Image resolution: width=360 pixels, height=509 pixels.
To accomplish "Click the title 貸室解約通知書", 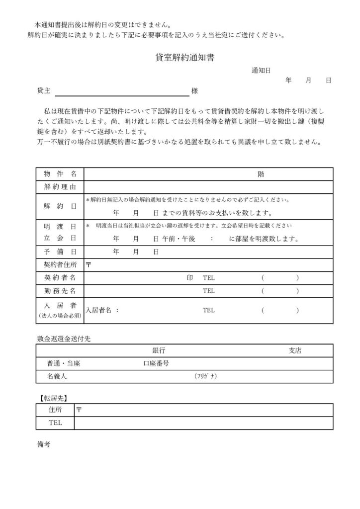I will tap(185, 58).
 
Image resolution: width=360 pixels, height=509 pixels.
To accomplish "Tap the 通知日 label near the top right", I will tap(261, 71).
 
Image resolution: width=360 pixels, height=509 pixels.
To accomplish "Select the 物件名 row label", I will tap(60, 174).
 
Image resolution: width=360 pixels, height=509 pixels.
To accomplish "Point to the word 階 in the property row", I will tap(261, 174).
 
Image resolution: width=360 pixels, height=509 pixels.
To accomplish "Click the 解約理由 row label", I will tap(60, 187).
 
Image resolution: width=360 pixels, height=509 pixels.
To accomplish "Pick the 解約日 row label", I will tap(60, 206).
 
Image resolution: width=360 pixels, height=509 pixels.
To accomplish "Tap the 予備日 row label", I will tap(60, 252).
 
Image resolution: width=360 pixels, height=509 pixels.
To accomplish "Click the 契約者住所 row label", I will tap(60, 265).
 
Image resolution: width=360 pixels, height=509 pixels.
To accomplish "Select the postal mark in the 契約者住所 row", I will tap(89, 265).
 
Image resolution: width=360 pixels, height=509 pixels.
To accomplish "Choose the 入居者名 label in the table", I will tap(102, 310).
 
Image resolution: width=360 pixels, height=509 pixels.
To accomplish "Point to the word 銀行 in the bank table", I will tap(159, 350).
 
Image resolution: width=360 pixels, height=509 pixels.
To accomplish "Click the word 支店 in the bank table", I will tap(295, 350).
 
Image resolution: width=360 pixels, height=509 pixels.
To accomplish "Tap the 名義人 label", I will tap(57, 376).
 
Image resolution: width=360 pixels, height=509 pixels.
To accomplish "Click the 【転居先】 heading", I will tap(53, 398).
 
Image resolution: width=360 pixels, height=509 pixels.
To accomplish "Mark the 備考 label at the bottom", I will tap(44, 444).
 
